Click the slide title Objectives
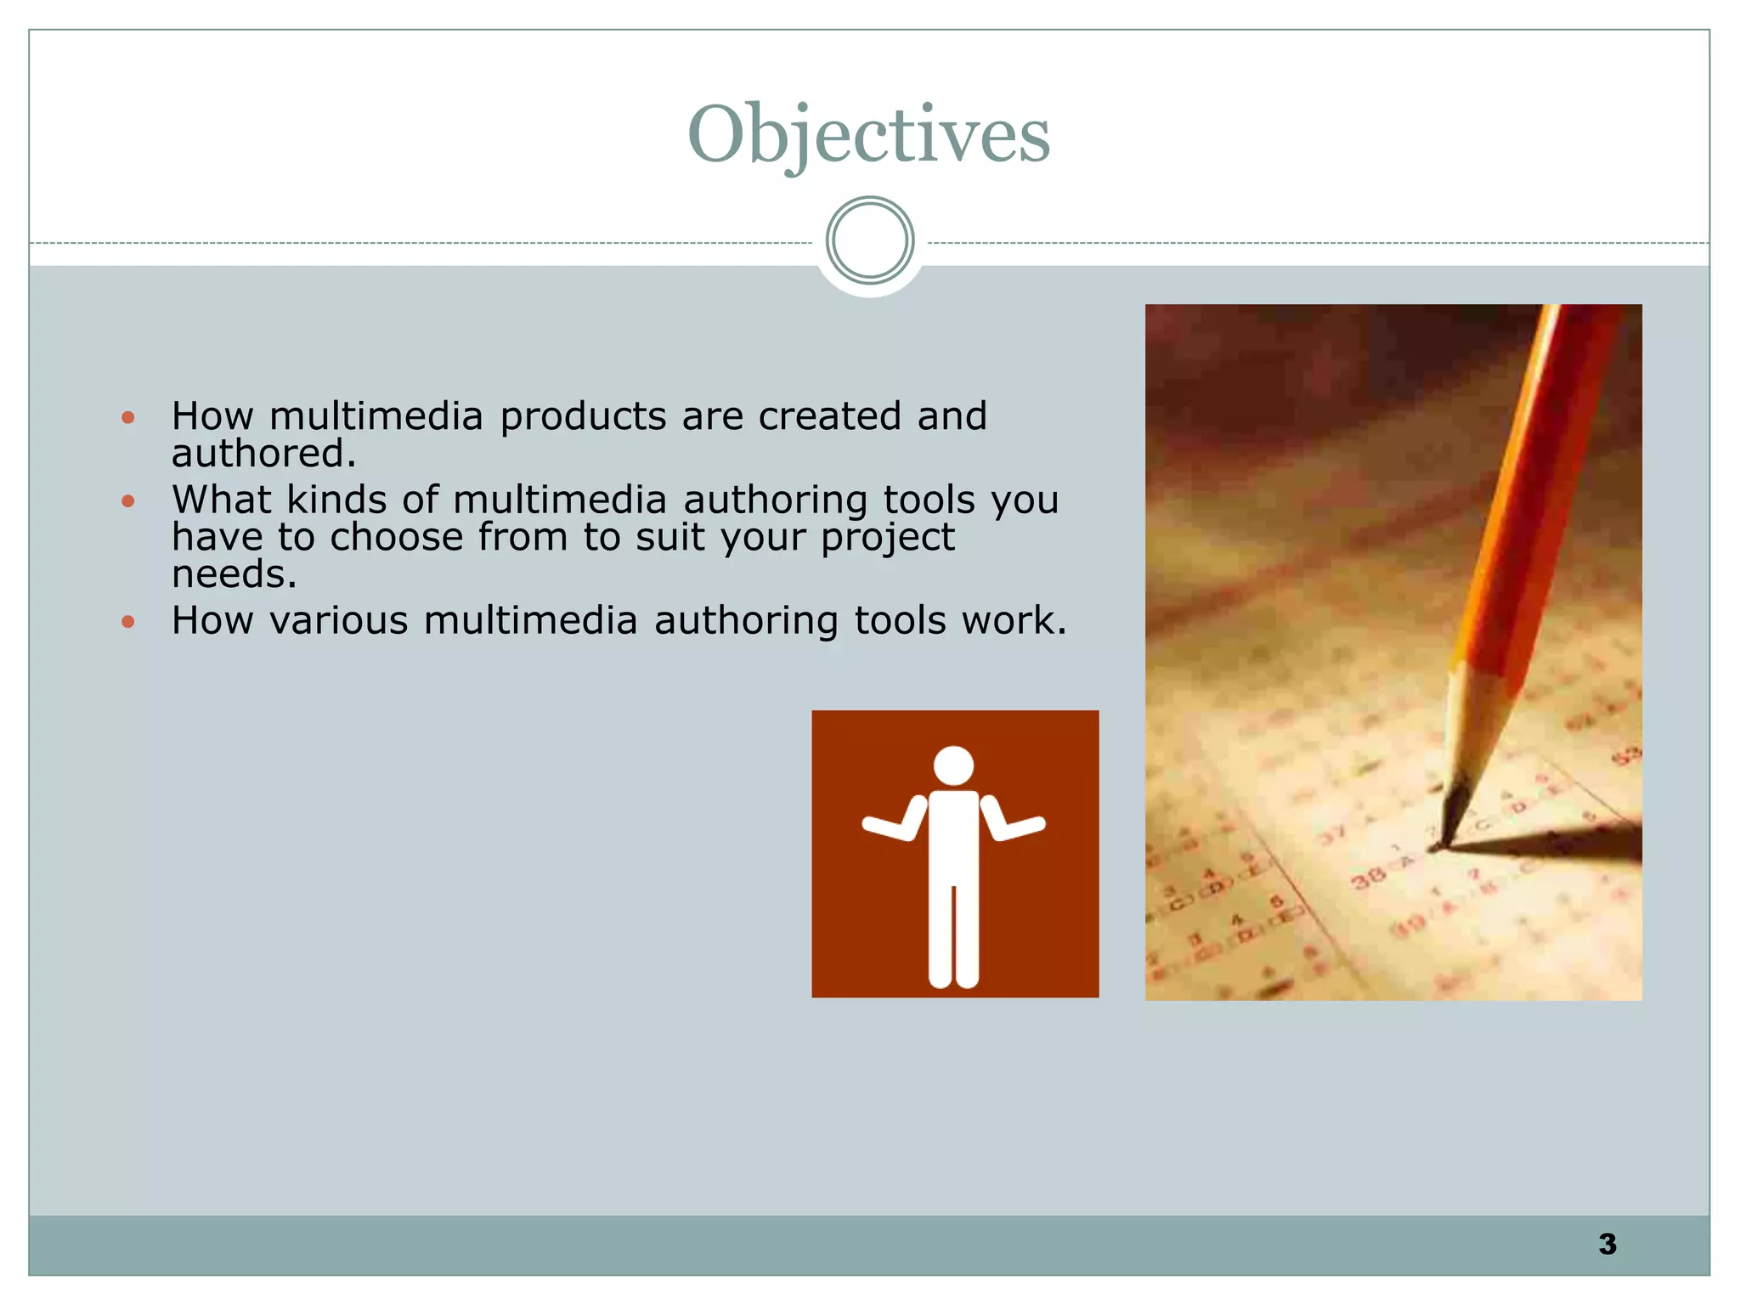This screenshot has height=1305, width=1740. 868,134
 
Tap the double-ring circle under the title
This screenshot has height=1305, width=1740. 869,240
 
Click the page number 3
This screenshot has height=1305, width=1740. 1607,1244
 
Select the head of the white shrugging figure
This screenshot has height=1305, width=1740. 953,765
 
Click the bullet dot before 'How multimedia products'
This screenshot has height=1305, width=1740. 128,417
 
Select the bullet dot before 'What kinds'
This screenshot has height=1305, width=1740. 128,500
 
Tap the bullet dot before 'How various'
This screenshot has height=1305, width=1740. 128,622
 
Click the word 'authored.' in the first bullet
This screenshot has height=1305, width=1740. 263,454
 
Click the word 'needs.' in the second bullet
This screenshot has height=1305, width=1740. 234,575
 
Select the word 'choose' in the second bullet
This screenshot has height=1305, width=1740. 396,537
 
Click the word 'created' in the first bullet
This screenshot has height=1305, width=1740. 829,416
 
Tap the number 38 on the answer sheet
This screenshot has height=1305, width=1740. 1368,877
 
